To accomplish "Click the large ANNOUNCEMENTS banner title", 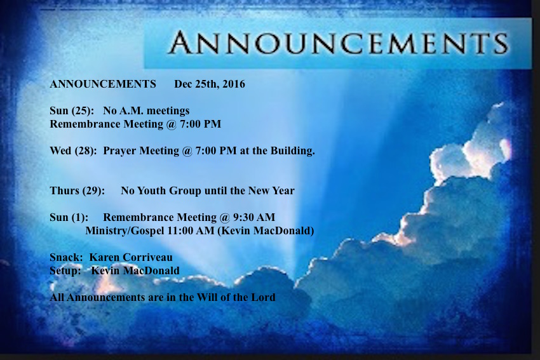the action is pyautogui.click(x=338, y=43).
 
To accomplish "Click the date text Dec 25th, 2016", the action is pyautogui.click(x=210, y=84).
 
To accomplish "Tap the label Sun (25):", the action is pyautogui.click(x=72, y=111).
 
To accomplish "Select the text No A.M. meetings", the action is pyautogui.click(x=146, y=110).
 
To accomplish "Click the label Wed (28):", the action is pyautogui.click(x=73, y=150).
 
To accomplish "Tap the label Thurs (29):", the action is pyautogui.click(x=77, y=190).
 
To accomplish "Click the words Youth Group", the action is pyautogui.click(x=169, y=190).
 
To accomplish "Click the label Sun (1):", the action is pyautogui.click(x=69, y=218).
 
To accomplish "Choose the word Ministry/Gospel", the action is pyautogui.click(x=125, y=230).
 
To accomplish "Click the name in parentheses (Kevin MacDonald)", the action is pyautogui.click(x=266, y=230).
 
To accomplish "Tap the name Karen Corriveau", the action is pyautogui.click(x=131, y=257).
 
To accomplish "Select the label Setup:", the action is pyautogui.click(x=65, y=271).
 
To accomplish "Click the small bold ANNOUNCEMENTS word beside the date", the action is pyautogui.click(x=103, y=84).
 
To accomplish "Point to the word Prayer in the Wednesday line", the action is pyautogui.click(x=119, y=151).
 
